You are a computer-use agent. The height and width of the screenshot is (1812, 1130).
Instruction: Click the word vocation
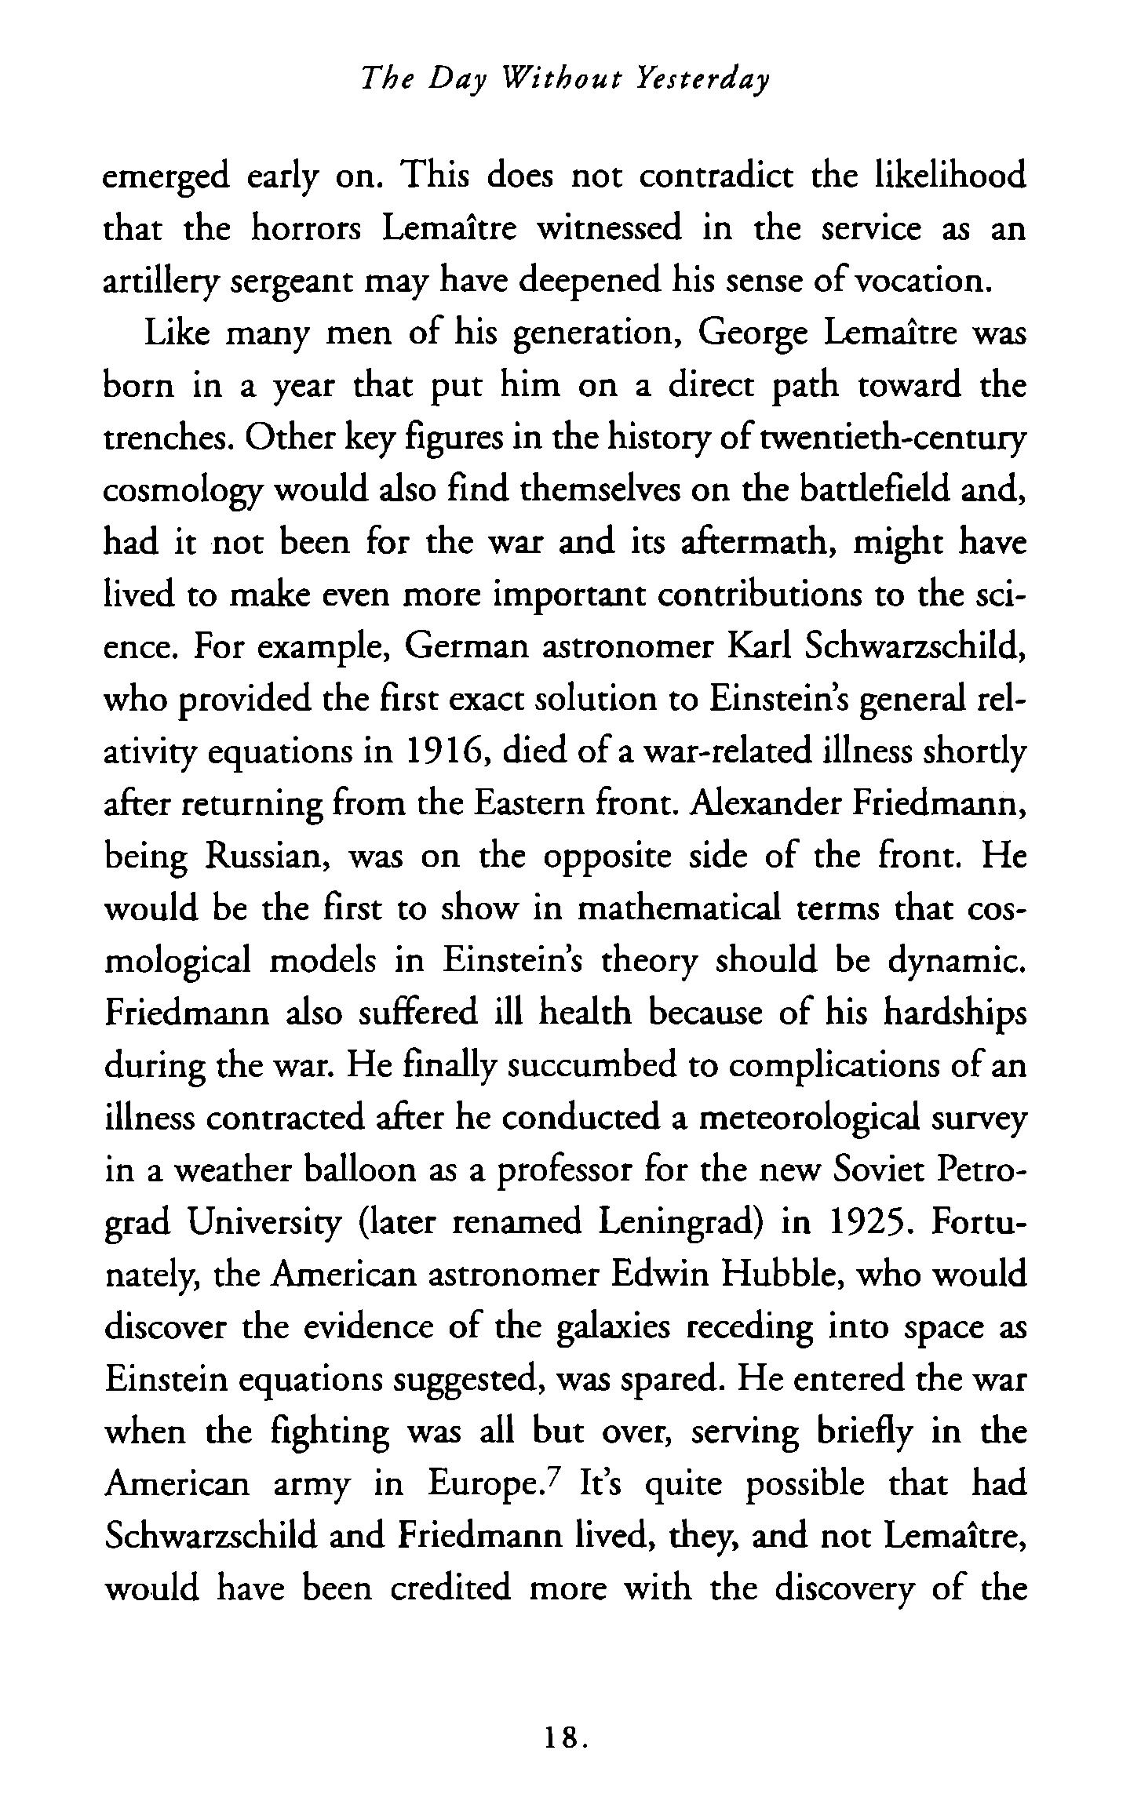[x=917, y=281]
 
